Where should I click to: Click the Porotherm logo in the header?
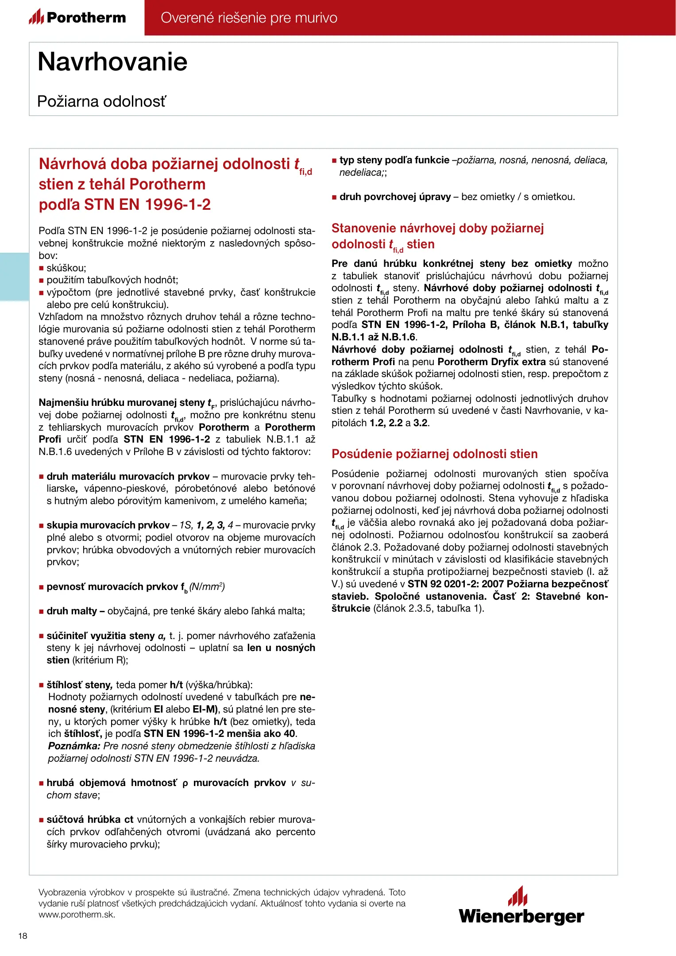[x=77, y=17]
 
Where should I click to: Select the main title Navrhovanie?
[x=112, y=62]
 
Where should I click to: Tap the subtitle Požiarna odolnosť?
[x=101, y=101]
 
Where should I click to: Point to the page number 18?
[x=23, y=936]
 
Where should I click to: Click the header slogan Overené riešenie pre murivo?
[x=249, y=18]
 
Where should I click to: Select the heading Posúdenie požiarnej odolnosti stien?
[x=434, y=454]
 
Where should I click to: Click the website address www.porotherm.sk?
[x=77, y=914]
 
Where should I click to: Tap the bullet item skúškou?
[x=66, y=268]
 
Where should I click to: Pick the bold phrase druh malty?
[x=72, y=611]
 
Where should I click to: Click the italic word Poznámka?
[x=74, y=746]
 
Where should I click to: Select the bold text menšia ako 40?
[x=261, y=733]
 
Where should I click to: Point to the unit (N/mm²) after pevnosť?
[x=207, y=587]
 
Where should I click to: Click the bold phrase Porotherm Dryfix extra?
[x=491, y=362]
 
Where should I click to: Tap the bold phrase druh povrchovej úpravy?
[x=395, y=197]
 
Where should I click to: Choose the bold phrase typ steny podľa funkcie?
[x=394, y=160]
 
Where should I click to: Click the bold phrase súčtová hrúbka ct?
[x=90, y=819]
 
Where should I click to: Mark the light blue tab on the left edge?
[x=14, y=277]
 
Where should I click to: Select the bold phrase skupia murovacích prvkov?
[x=108, y=525]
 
